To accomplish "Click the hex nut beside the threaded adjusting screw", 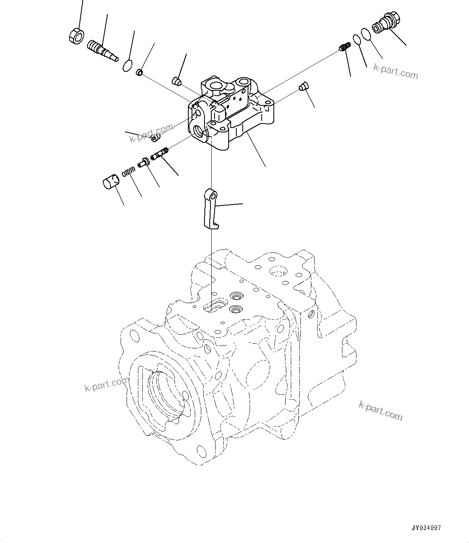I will pyautogui.click(x=76, y=36).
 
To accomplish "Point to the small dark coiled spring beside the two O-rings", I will pyautogui.click(x=344, y=48).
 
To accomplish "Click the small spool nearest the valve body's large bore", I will pyautogui.click(x=160, y=154).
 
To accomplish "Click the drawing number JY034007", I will pyautogui.click(x=427, y=528).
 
